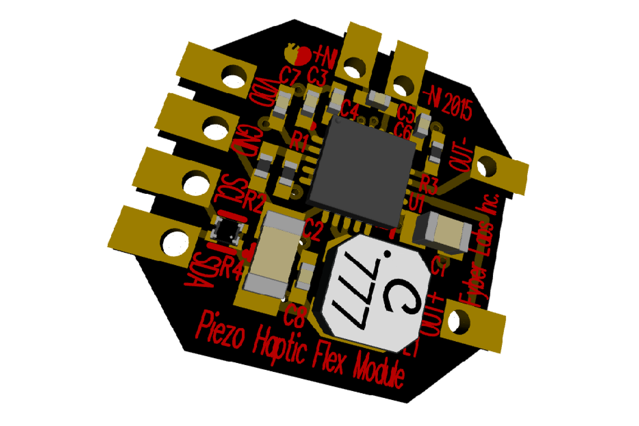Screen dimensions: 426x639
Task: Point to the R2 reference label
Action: pyautogui.click(x=253, y=200)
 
